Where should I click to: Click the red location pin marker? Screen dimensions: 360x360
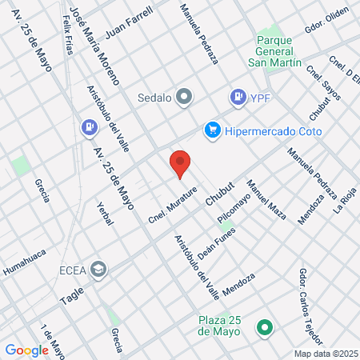pyautogui.click(x=181, y=164)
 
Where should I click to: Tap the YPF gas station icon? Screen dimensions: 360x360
pyautogui.click(x=238, y=98)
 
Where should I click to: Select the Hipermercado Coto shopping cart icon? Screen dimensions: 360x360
pyautogui.click(x=212, y=130)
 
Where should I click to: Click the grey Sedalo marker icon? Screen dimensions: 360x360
pyautogui.click(x=185, y=98)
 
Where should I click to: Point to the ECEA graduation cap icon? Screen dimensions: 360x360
pyautogui.click(x=98, y=270)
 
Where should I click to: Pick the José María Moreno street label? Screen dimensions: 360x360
pyautogui.click(x=94, y=43)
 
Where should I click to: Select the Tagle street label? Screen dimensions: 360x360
pyautogui.click(x=71, y=295)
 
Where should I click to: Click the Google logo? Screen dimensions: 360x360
pyautogui.click(x=26, y=350)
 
